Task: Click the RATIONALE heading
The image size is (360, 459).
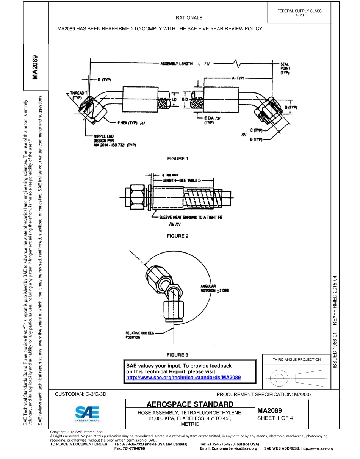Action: (x=189, y=18)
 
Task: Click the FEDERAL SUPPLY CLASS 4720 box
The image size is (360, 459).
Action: (x=299, y=13)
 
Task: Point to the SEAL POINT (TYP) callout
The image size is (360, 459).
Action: (x=285, y=68)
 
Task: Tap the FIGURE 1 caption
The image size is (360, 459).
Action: (x=178, y=158)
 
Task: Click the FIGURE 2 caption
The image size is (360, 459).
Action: (x=178, y=236)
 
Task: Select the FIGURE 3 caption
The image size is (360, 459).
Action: (x=178, y=355)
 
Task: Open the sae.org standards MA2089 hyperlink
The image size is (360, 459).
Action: (x=183, y=378)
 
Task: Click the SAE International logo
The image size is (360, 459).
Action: (x=88, y=414)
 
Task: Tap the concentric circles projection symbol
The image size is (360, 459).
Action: (x=279, y=378)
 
